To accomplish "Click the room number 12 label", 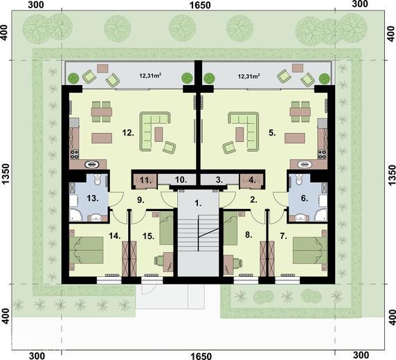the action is click(128, 133).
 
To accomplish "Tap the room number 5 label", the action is click(272, 133).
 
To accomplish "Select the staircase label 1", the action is click(198, 204).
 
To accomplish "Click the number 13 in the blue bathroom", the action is click(93, 198).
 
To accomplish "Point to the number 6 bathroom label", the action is click(305, 198).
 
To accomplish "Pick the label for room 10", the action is click(181, 180).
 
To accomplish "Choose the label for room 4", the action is click(252, 180).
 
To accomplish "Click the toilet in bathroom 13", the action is click(97, 179).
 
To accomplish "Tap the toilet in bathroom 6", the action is click(299, 179).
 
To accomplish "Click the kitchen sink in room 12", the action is click(91, 165).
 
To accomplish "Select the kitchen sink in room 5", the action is click(305, 165).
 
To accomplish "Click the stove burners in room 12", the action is click(75, 154).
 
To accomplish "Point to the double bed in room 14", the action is click(87, 251).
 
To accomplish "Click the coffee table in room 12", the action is click(159, 134).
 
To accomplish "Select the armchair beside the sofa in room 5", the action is click(229, 147).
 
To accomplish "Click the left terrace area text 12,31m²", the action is click(150, 75).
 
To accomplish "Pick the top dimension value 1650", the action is click(200, 5).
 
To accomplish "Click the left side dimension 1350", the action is click(6, 174).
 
